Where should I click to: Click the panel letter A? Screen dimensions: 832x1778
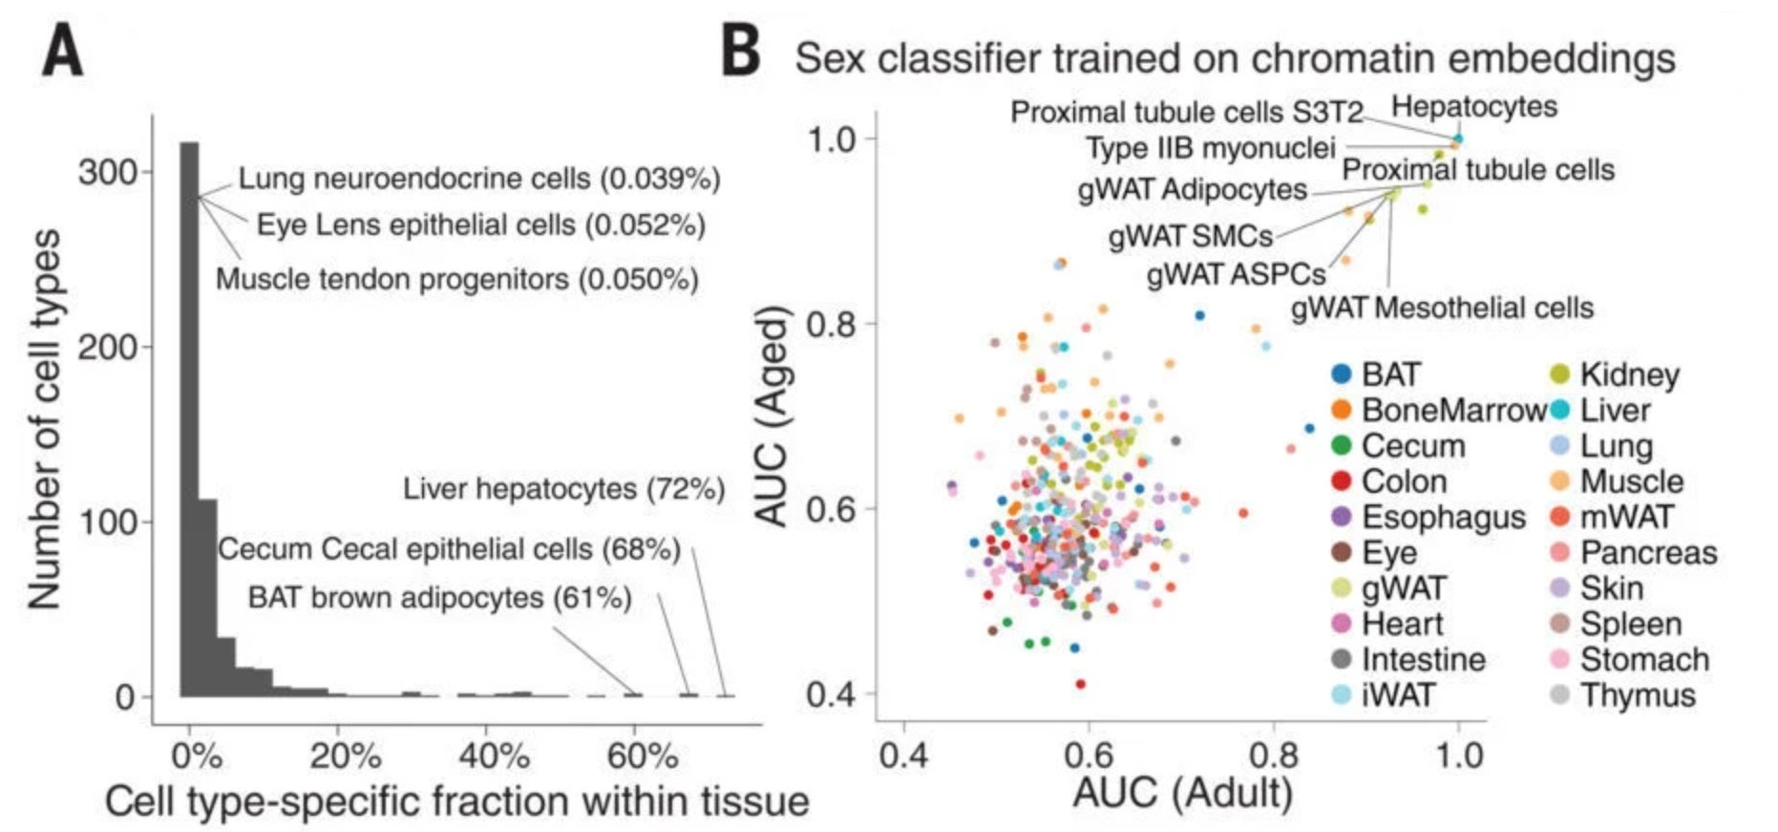62,52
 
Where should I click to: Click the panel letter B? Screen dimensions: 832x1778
741,52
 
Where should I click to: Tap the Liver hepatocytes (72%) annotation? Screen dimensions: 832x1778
563,489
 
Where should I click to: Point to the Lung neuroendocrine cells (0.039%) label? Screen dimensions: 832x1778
478,178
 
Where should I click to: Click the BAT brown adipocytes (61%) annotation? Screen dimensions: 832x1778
439,598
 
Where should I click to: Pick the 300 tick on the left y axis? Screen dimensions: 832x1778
107,172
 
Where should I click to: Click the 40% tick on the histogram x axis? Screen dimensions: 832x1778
494,757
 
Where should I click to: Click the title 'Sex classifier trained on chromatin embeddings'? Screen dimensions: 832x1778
1235,58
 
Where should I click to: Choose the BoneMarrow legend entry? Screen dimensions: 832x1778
1452,410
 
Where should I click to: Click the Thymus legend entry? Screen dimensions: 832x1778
1637,694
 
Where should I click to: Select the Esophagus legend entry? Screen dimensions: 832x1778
1443,517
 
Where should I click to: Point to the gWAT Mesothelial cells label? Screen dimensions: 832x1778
1442,308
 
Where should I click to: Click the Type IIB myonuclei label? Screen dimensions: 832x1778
1210,148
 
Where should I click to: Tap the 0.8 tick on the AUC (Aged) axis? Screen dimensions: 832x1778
830,324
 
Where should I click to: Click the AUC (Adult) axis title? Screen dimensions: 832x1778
1182,793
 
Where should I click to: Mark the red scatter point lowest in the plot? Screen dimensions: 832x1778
1080,684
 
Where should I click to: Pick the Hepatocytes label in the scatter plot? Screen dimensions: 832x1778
1473,106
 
